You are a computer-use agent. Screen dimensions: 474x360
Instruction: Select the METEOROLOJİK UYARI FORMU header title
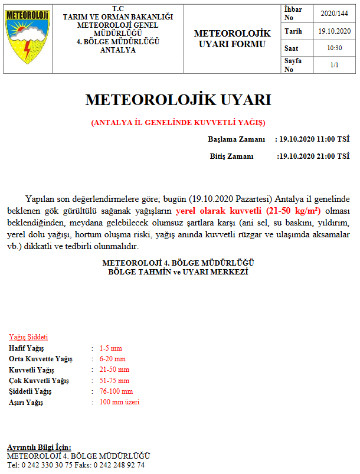point(232,39)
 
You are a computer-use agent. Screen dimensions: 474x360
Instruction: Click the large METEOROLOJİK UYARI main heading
point(178,100)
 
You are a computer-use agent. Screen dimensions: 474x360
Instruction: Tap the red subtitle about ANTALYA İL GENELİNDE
point(178,123)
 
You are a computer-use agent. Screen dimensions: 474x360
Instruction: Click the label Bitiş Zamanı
point(231,156)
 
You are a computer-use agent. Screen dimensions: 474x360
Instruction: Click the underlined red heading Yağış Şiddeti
point(28,337)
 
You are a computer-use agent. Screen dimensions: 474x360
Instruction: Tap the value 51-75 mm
point(114,381)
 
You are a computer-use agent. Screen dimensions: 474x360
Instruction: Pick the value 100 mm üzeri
point(119,402)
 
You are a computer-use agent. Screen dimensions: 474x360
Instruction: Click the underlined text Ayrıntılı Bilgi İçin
point(39,447)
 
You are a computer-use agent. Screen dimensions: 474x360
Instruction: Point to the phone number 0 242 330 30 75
point(53,465)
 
